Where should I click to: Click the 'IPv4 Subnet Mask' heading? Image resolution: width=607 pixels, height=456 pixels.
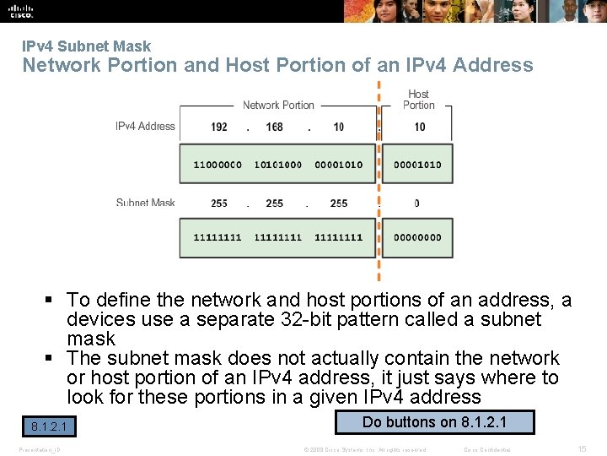[x=87, y=46]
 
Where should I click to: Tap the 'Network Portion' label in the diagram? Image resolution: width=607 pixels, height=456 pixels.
[x=278, y=106]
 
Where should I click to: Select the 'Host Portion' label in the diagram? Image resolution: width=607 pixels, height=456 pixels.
[x=418, y=100]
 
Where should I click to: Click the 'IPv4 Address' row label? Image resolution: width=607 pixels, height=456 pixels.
[x=145, y=127]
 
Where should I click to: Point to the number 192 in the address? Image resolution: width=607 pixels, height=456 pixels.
[x=219, y=128]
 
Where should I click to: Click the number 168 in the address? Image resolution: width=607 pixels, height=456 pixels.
[x=275, y=128]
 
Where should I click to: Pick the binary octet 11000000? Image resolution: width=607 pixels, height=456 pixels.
[x=218, y=165]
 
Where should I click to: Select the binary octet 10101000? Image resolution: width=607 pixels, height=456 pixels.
[x=278, y=165]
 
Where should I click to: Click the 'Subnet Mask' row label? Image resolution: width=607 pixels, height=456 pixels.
[x=146, y=203]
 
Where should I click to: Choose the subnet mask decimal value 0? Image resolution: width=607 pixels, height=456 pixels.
[x=417, y=204]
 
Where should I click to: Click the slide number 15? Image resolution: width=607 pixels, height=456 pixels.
[x=582, y=449]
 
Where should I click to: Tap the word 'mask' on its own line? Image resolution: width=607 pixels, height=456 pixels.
[x=91, y=339]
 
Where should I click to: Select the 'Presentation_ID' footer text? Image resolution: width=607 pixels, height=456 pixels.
[x=40, y=449]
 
